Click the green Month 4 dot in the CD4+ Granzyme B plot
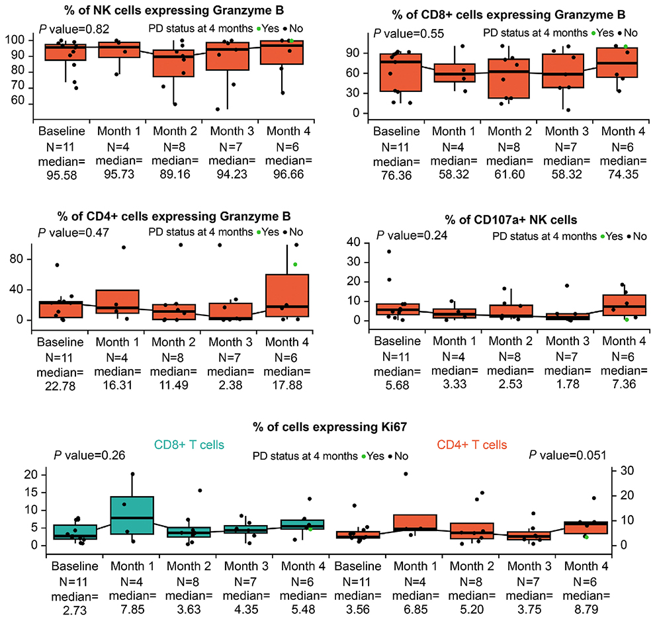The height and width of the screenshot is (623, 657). point(295,264)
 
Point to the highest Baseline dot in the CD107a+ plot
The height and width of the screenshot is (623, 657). point(389,251)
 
